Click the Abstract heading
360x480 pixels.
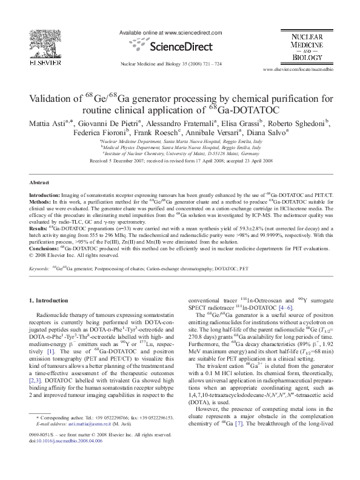point(39,182)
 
